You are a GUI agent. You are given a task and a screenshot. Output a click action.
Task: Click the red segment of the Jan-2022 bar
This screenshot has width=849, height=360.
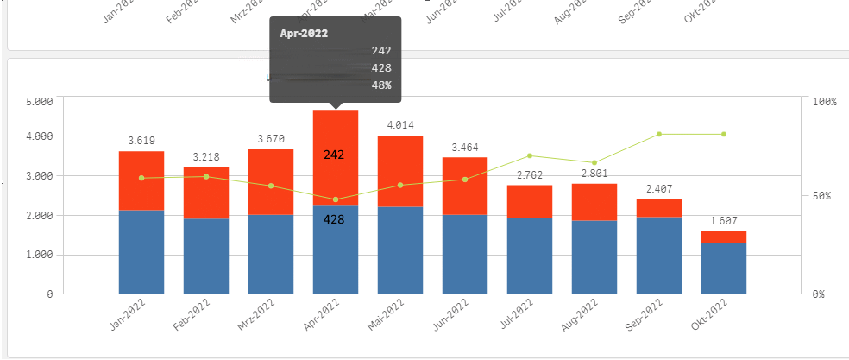tap(141, 180)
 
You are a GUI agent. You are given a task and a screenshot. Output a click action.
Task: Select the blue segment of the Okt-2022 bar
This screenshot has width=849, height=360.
tap(724, 268)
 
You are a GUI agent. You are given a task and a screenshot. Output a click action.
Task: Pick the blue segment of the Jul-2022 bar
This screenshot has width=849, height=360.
tap(530, 256)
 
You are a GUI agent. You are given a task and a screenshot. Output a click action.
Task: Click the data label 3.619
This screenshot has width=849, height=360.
tap(141, 140)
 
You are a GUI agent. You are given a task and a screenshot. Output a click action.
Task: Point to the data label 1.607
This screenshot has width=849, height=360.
tap(724, 220)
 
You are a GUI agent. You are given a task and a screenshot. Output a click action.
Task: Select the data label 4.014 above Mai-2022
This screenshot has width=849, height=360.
tap(400, 125)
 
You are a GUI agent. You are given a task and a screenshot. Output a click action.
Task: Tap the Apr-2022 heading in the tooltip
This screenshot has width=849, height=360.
tap(303, 34)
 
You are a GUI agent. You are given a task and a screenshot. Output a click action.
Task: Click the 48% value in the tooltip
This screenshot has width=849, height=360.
tap(381, 85)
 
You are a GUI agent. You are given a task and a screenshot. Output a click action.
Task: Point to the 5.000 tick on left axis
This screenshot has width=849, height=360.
tap(40, 102)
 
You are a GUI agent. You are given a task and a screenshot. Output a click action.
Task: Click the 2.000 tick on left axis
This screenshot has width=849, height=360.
tap(40, 216)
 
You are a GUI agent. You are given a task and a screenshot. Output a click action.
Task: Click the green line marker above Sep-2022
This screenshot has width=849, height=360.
tap(659, 134)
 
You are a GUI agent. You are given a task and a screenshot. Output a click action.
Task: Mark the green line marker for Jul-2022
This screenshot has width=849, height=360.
tap(530, 155)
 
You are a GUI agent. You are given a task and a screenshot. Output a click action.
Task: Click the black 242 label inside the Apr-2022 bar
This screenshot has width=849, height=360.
tap(335, 155)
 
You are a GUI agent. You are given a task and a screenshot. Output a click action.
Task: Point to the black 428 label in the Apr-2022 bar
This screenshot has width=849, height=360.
tap(335, 220)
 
